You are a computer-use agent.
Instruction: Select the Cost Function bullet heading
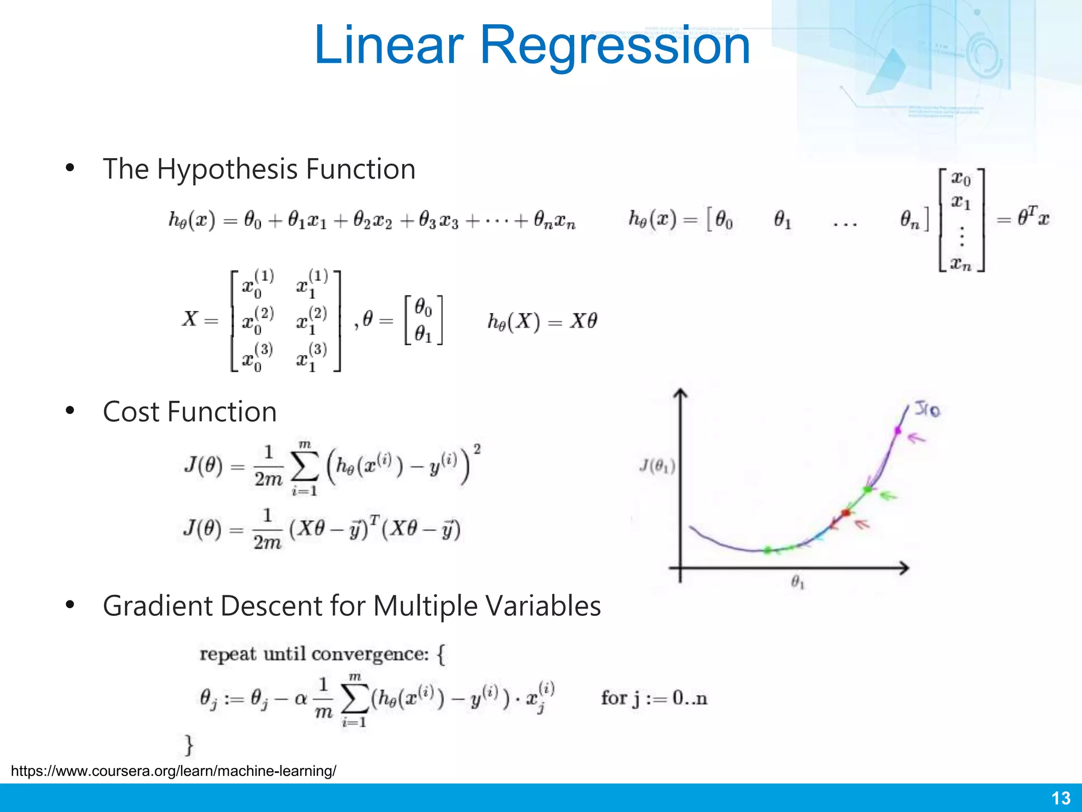coord(190,412)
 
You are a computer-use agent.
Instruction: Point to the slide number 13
coord(1061,798)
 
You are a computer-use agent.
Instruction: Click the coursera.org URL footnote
coord(173,771)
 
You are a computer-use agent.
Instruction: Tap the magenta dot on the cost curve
coord(897,430)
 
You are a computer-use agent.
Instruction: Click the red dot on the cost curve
coord(845,512)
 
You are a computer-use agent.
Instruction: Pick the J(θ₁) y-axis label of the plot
coord(657,467)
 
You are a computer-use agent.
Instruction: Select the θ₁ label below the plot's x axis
coord(797,583)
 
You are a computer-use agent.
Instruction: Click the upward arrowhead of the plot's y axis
coord(680,393)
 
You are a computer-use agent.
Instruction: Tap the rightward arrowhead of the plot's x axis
coord(904,568)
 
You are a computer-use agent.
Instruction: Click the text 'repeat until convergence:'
coord(314,654)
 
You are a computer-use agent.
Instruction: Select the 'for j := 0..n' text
coord(654,699)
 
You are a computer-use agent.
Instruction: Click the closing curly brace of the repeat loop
coord(189,744)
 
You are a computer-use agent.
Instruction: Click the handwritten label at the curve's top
coord(927,409)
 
